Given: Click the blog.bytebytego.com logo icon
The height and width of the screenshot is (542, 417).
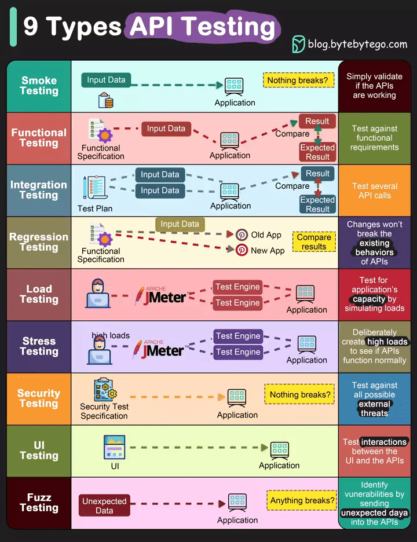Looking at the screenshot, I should click(298, 44).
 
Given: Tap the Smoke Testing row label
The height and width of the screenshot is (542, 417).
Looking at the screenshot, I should click(39, 86).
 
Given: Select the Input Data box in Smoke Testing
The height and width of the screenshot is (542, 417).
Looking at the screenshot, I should click(106, 80).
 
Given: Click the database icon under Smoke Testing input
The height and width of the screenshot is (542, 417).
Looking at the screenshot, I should click(105, 101).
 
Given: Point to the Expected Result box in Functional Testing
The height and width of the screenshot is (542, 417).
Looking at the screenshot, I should click(317, 152).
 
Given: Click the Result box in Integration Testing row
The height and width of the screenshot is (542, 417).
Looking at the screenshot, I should click(317, 174).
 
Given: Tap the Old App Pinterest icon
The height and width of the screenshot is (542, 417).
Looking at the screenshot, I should click(242, 235).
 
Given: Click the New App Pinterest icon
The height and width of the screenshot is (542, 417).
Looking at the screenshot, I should click(242, 250).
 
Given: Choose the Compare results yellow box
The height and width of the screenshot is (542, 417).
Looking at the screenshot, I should click(314, 242).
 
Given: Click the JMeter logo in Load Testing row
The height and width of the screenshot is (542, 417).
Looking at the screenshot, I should click(160, 295).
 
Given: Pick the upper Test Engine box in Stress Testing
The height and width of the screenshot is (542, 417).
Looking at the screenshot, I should click(237, 336).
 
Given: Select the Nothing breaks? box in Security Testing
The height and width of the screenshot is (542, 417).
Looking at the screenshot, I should click(300, 395).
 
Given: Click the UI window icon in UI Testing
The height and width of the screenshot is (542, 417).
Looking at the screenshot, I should click(115, 448).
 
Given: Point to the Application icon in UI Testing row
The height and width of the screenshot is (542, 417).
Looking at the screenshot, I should click(279, 448).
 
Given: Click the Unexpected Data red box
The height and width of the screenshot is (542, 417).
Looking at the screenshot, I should click(104, 506).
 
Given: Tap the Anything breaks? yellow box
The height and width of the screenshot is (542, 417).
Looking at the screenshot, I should click(302, 500).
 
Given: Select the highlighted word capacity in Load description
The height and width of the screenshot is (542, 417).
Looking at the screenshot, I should click(369, 299).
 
